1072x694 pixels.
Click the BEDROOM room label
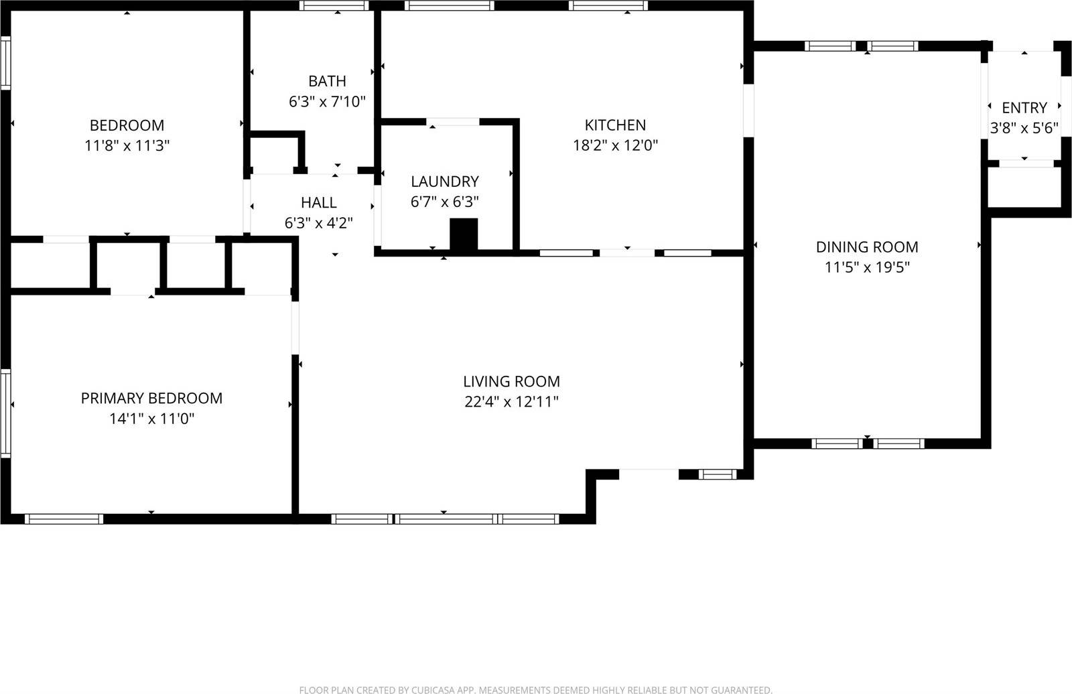coord(127,125)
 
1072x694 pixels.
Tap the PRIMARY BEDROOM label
coord(151,399)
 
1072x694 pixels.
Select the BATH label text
coord(327,81)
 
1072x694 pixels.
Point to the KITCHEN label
coord(615,125)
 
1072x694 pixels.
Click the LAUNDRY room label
coord(445,182)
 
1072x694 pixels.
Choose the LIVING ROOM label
coord(511,382)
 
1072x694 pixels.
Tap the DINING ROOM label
coord(867,247)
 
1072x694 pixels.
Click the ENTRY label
coord(1024,108)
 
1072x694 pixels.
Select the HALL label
coord(318,202)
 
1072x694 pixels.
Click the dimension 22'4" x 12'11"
coord(511,402)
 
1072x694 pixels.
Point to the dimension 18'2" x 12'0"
coord(615,145)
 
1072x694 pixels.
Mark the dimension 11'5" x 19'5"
coord(867,267)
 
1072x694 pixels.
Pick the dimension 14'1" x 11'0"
coord(151,419)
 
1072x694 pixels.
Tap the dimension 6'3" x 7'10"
coord(327,102)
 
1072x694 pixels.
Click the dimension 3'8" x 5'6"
coord(1024,128)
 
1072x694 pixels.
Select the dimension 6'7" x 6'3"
coord(445,202)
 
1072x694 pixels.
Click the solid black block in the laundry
coord(464,234)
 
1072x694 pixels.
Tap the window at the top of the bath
coord(334,6)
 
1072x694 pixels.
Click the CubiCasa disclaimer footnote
coord(535,689)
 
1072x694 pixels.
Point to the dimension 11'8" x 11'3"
coord(127,145)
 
